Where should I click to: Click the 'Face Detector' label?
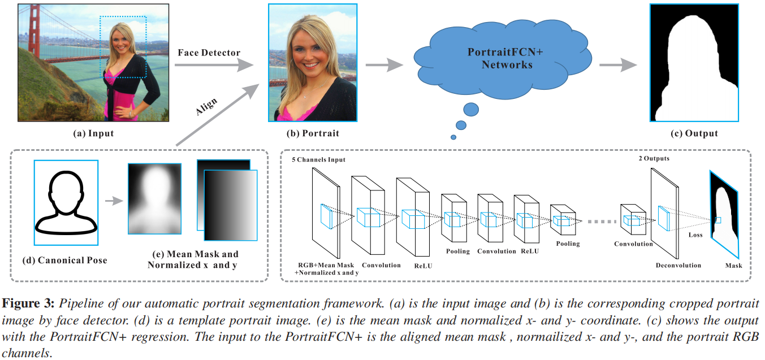(209, 53)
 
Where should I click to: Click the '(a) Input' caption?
(93, 133)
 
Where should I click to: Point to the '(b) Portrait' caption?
(312, 133)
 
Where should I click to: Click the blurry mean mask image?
(154, 199)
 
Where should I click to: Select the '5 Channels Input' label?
(318, 160)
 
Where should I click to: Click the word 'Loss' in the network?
(695, 235)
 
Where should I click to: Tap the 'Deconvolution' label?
(678, 265)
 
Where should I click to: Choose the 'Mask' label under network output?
(733, 265)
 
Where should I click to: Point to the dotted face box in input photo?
(123, 47)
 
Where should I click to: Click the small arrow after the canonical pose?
(114, 200)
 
